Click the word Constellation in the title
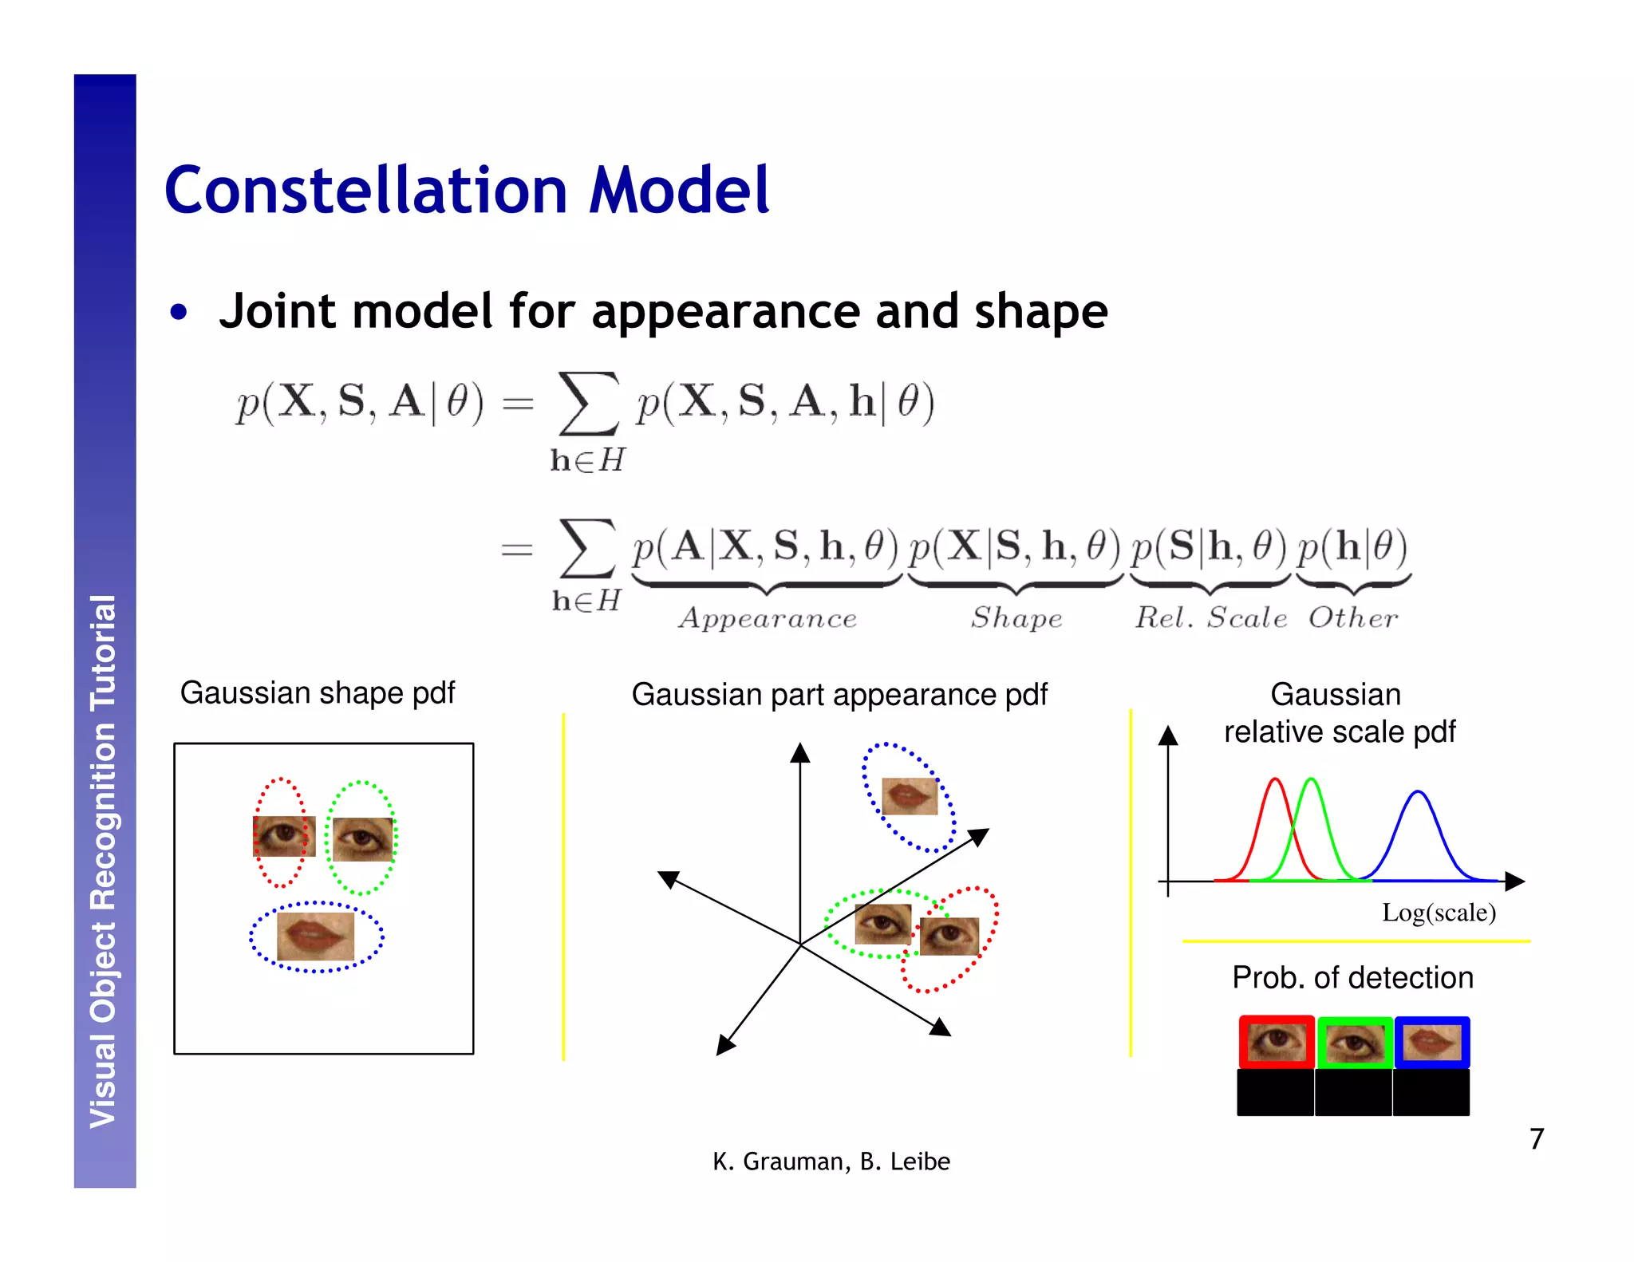point(365,191)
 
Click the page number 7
point(1536,1138)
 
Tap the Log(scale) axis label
point(1438,913)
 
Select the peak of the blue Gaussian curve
point(1418,792)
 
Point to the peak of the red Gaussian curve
point(1276,779)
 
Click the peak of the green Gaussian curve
point(1311,779)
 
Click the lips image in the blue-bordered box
point(1431,1042)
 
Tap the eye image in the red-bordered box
point(1277,1042)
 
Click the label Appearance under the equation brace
point(768,618)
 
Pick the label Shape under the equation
point(1016,618)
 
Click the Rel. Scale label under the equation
point(1211,618)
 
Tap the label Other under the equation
point(1353,618)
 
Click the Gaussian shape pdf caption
point(317,692)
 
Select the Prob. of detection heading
point(1352,977)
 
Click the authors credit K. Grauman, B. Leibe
point(831,1161)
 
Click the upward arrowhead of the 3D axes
point(800,751)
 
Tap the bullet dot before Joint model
point(179,312)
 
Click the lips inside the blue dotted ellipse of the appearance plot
point(910,795)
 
